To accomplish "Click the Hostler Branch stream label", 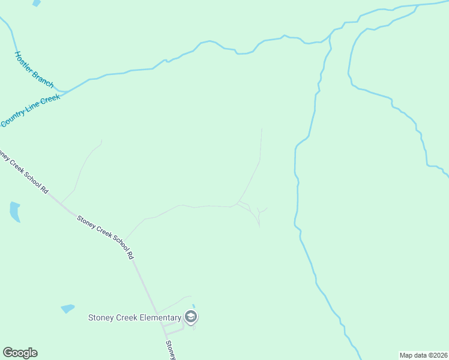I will tap(34, 70).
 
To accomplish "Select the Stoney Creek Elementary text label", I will tap(134, 317).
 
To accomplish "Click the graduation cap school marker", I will tap(191, 317).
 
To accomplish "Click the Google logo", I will tap(20, 353).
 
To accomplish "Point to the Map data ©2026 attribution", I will tap(423, 355).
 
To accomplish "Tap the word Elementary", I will tap(159, 317).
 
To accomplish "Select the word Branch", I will tap(43, 78).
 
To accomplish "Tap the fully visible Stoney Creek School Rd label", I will tap(106, 236).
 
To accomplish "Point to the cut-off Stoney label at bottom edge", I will tap(170, 350).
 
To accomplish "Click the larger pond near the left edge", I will tap(14, 211).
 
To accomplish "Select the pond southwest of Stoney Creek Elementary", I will tap(67, 309).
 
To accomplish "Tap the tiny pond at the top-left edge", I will tap(37, 3).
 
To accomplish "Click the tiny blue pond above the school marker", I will tap(193, 306).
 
